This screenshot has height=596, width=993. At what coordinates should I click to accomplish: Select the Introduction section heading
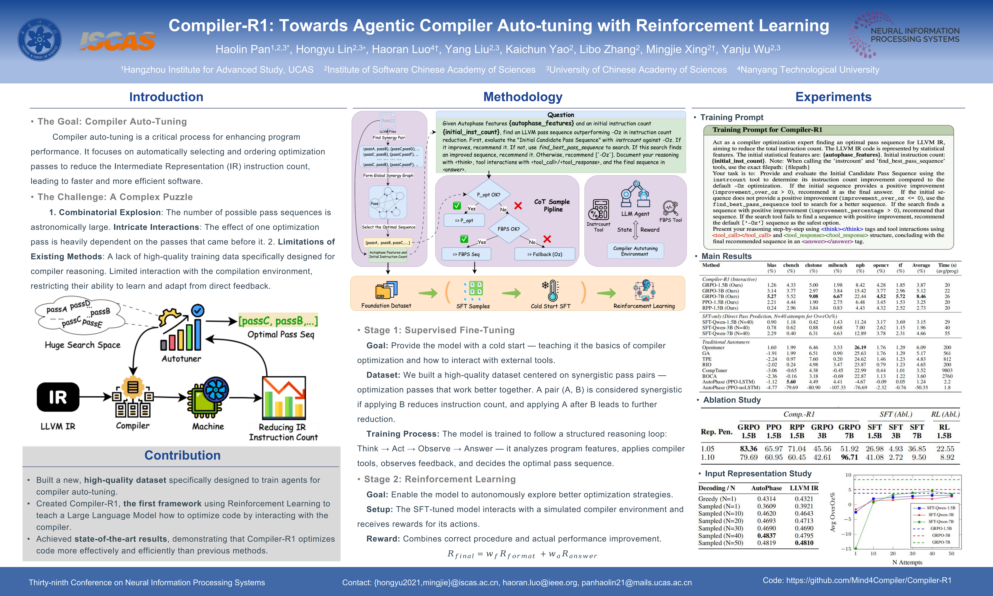(x=166, y=97)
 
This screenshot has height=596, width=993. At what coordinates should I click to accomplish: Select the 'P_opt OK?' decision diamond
(x=488, y=195)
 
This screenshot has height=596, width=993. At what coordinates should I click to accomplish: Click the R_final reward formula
(x=522, y=555)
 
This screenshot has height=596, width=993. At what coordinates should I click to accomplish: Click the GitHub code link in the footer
(x=857, y=580)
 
